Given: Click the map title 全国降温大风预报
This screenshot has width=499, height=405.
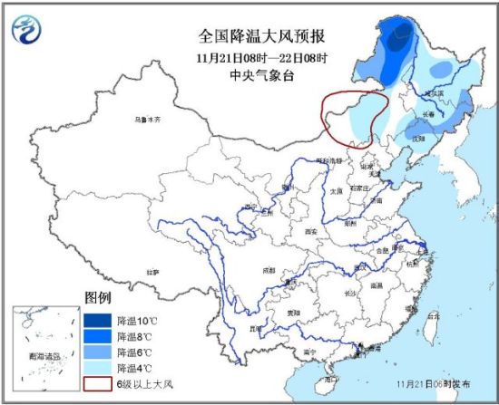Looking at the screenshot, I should click(x=263, y=37).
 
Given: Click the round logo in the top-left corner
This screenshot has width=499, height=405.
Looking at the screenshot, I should click(x=29, y=33).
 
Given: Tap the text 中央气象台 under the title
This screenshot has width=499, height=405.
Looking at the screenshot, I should click(x=263, y=75).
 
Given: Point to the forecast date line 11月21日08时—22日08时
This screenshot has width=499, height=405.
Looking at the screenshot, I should click(x=263, y=57).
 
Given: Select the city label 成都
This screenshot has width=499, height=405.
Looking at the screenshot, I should click(x=268, y=269).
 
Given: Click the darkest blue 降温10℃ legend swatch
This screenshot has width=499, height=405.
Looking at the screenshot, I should click(x=98, y=320).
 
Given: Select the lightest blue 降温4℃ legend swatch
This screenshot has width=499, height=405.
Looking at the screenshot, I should click(x=98, y=367).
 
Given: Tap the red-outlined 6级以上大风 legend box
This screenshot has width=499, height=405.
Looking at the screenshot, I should click(x=98, y=382).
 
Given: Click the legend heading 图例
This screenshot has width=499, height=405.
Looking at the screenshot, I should click(x=97, y=297).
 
